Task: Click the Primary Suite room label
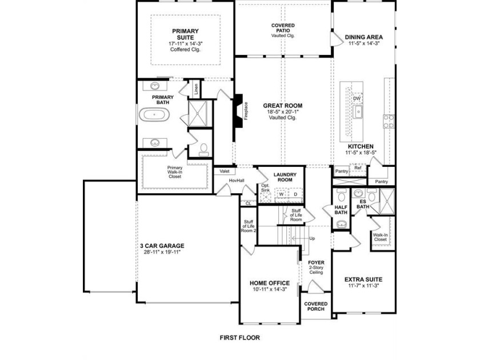click(x=185, y=34)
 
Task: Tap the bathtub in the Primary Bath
click(x=154, y=115)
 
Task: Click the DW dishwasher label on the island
click(x=357, y=98)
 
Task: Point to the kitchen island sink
click(x=358, y=112)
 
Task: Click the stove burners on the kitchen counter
click(x=389, y=121)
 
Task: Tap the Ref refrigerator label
click(x=358, y=168)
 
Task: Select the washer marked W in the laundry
click(x=281, y=194)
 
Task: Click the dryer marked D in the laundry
click(x=295, y=194)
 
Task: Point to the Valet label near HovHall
click(x=225, y=171)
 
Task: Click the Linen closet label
click(x=196, y=89)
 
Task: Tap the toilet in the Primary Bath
click(x=203, y=150)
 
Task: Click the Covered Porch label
click(x=315, y=306)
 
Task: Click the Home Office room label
click(x=269, y=283)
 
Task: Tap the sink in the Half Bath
click(x=341, y=224)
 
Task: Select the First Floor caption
click(x=239, y=338)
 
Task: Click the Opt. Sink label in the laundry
click(x=265, y=187)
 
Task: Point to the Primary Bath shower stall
click(x=198, y=114)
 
